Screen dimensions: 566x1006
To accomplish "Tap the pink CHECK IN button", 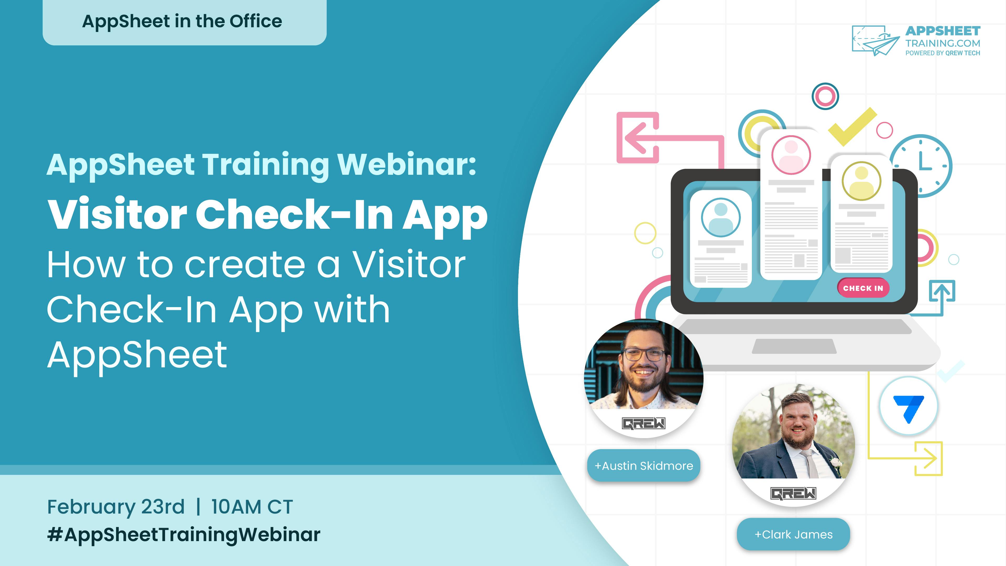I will pos(863,288).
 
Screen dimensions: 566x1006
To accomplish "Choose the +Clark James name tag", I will pos(793,534).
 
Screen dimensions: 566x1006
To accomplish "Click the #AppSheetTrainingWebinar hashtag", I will pos(184,534).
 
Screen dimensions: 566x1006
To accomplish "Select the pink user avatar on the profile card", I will pos(791,155).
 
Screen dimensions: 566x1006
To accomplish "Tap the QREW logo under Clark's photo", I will pos(793,493).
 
